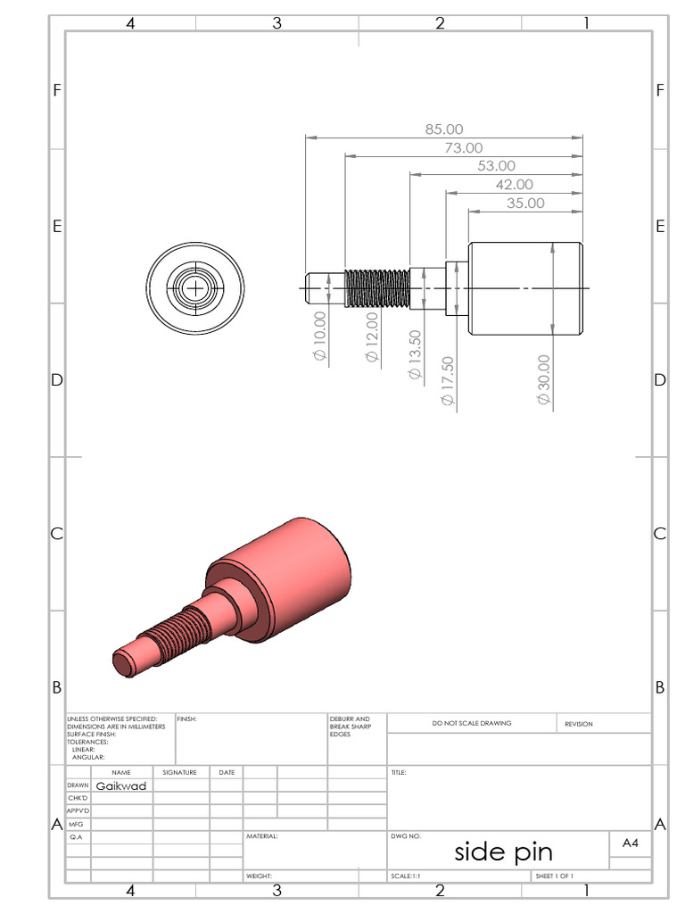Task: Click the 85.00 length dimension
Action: click(443, 129)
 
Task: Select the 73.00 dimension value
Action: click(463, 148)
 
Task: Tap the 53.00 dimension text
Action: click(496, 166)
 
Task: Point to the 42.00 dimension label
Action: click(514, 185)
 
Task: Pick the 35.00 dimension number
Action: click(525, 204)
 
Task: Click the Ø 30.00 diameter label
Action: click(543, 379)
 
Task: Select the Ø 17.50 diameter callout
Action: click(448, 381)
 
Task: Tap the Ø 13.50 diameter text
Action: click(415, 354)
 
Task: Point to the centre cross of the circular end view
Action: click(194, 288)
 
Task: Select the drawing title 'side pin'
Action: click(503, 852)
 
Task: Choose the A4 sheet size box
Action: click(630, 842)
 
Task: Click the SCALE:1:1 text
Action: click(406, 877)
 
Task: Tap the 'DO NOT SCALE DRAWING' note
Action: click(472, 724)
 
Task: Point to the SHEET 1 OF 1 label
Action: click(554, 877)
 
